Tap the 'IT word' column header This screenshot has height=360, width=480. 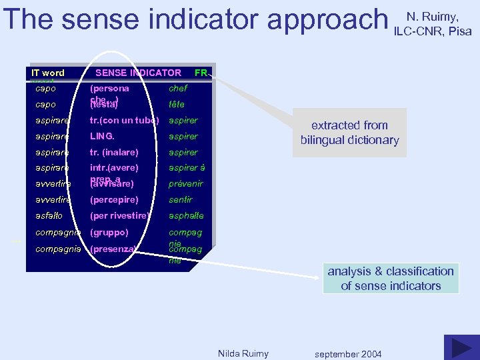point(47,73)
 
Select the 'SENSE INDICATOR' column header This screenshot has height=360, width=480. point(138,73)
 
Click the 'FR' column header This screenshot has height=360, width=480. point(201,73)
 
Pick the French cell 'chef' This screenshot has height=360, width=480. point(178,88)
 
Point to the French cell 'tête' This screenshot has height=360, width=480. point(177,105)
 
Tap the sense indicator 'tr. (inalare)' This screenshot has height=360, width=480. point(114,152)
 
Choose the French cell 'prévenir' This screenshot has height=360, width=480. point(185,184)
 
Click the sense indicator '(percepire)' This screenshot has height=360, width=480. point(114,199)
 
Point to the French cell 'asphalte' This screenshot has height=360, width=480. point(186,215)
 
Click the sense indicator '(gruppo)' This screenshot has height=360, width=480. point(109,233)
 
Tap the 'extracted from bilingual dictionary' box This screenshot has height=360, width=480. point(349,133)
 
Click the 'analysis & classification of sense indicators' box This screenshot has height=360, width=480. point(391,279)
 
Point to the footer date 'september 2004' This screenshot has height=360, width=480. point(348,354)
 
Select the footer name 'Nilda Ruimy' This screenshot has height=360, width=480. point(243,353)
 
